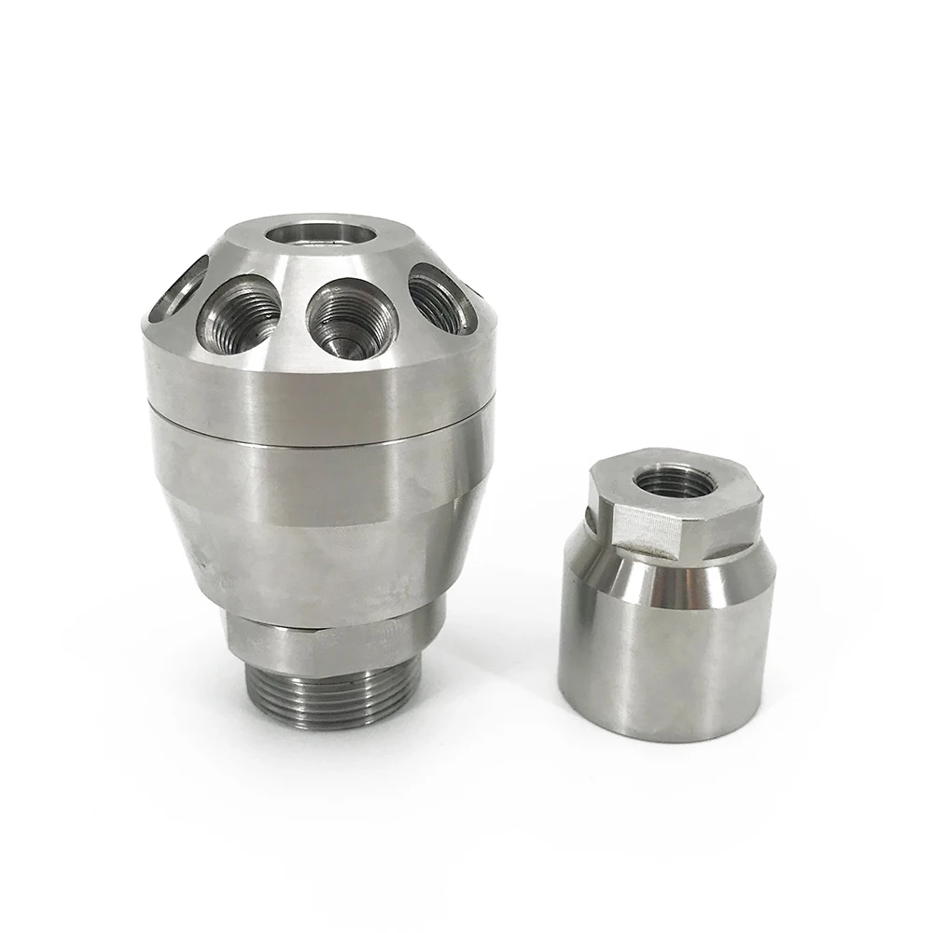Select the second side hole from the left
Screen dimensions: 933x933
244,314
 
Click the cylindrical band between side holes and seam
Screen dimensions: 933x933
317,383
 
